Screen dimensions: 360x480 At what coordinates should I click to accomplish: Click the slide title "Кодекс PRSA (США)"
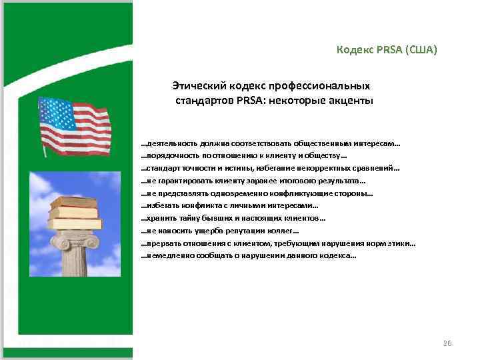click(x=387, y=50)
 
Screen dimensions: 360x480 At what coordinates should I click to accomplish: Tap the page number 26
click(x=447, y=343)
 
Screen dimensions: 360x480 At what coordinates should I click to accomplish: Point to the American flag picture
click(x=73, y=127)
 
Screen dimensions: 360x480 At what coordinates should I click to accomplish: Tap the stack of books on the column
click(x=76, y=212)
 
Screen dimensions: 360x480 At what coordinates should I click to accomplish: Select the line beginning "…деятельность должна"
click(x=271, y=143)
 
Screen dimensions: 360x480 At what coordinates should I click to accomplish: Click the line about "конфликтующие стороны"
click(x=257, y=194)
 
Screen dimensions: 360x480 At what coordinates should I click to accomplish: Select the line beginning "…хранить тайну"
click(x=233, y=219)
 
